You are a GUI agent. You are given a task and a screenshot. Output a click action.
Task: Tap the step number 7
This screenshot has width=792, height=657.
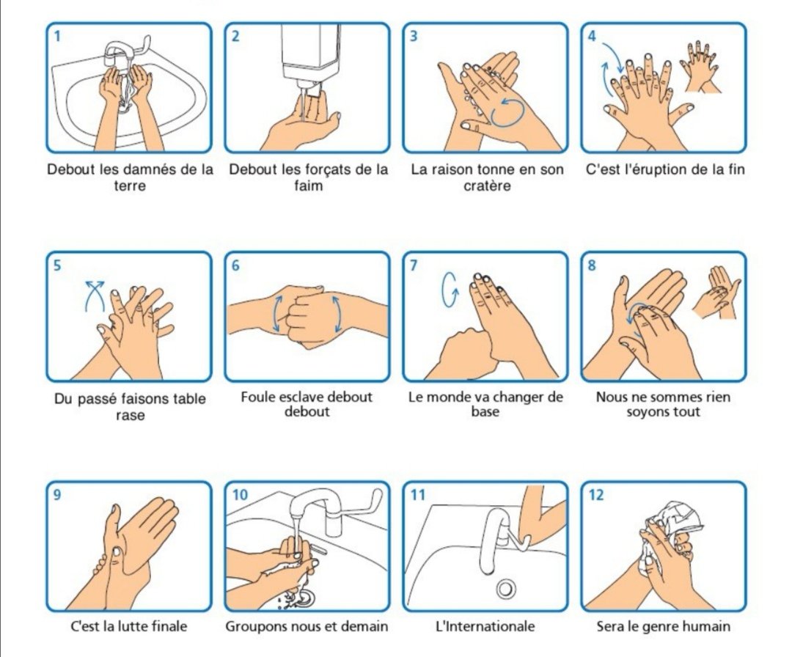[x=414, y=265]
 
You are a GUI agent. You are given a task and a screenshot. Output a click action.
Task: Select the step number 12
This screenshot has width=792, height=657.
[x=596, y=495]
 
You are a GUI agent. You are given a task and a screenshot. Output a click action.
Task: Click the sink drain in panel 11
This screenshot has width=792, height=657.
[x=505, y=588]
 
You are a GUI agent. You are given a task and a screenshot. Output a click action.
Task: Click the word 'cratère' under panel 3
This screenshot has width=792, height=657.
[x=487, y=186]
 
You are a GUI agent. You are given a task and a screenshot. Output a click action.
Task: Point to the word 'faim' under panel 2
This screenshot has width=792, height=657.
[x=308, y=186]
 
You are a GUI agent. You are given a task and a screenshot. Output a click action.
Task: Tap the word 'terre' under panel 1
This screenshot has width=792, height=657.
[x=131, y=186]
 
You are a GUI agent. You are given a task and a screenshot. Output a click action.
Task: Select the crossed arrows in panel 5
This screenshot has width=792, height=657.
[x=94, y=293]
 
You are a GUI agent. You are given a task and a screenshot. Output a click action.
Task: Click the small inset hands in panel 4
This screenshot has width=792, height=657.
[x=702, y=66]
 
